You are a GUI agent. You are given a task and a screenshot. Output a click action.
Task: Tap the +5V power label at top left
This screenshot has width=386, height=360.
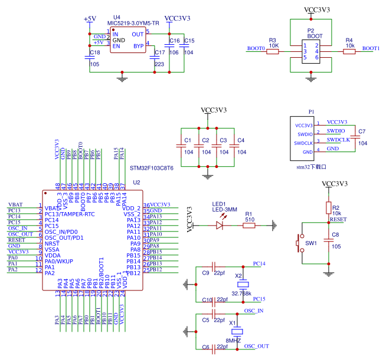pos(90,19)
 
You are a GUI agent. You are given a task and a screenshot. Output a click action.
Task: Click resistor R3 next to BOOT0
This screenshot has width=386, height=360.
pos(273,51)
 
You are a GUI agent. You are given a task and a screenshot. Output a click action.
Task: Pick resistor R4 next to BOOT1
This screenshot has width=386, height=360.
pos(349,51)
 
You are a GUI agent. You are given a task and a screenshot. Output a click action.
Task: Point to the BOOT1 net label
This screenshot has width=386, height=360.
pos(371,48)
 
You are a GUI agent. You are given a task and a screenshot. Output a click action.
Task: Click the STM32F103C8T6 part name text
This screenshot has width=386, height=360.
pos(152,168)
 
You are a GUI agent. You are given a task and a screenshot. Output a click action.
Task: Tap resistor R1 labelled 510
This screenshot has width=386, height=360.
pos(248,224)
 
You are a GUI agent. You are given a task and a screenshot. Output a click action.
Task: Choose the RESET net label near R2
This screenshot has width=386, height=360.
pos(338,219)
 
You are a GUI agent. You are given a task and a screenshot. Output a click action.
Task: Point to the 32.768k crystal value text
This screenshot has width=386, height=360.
pos(241,293)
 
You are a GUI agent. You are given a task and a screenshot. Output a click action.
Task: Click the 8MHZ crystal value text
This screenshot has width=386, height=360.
pos(233,341)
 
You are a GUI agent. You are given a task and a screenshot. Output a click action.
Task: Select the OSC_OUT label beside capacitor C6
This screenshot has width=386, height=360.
pos(257,346)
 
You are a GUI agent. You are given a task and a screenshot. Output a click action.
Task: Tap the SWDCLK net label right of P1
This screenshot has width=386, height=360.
pos(338,140)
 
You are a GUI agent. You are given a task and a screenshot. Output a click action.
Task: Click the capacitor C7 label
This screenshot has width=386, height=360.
pos(362,131)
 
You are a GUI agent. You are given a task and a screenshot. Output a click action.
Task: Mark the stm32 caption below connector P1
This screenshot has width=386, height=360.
pos(311,167)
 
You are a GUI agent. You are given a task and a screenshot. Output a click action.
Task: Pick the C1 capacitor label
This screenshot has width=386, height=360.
pos(188,140)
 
